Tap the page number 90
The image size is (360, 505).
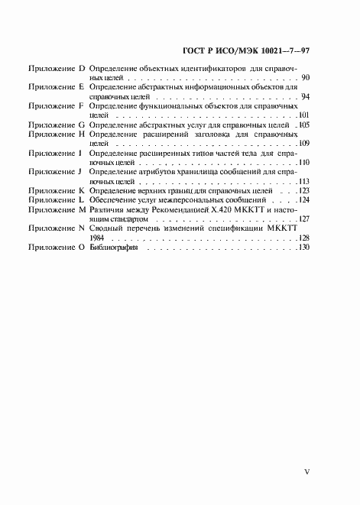click(305, 79)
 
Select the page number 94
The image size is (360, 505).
click(305, 98)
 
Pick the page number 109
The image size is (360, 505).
click(303, 144)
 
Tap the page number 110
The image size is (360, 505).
click(303, 163)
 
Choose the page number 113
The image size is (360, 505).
click(303, 182)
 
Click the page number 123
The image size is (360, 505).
click(303, 191)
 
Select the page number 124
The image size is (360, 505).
click(303, 200)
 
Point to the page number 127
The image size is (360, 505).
click(303, 219)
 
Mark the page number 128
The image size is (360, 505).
click(303, 238)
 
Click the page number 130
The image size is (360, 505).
click(303, 248)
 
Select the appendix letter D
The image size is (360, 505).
click(82, 70)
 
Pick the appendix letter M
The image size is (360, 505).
click(83, 209)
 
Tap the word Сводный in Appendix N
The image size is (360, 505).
click(106, 228)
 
